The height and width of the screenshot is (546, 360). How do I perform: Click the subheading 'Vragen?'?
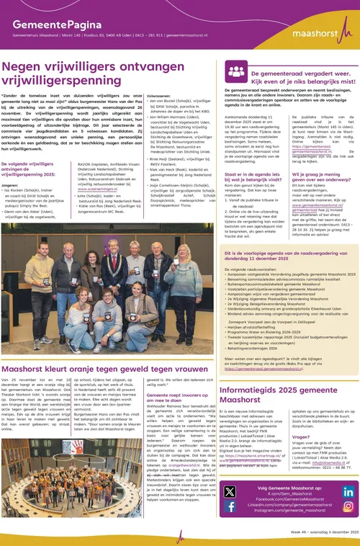pos(301,437)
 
